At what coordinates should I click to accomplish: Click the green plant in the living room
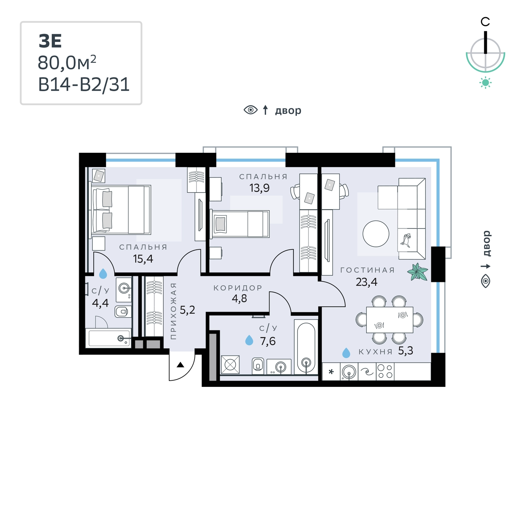click(418, 272)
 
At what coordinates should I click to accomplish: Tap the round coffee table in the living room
click(376, 234)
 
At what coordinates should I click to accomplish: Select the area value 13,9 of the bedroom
click(259, 188)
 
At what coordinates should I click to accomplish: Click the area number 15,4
click(143, 259)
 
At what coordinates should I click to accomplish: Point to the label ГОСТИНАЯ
click(368, 270)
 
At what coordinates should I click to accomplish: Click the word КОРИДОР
click(238, 288)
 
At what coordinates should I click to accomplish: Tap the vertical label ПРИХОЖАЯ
click(173, 311)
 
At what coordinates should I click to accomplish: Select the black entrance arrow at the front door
click(180, 365)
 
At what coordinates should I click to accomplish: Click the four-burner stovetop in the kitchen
click(385, 371)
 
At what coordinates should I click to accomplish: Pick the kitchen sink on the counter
click(349, 371)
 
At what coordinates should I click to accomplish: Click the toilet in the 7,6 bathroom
click(258, 366)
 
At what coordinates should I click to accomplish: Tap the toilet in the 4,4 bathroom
click(123, 312)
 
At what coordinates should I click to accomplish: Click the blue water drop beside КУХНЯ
click(346, 353)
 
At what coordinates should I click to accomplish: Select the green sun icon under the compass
click(485, 83)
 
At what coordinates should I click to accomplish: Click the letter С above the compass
click(485, 22)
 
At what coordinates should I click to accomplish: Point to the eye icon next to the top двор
click(251, 110)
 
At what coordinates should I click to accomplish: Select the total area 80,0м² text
click(67, 62)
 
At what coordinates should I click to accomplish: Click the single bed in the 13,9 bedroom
click(239, 224)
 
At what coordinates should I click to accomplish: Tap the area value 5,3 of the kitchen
click(405, 351)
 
